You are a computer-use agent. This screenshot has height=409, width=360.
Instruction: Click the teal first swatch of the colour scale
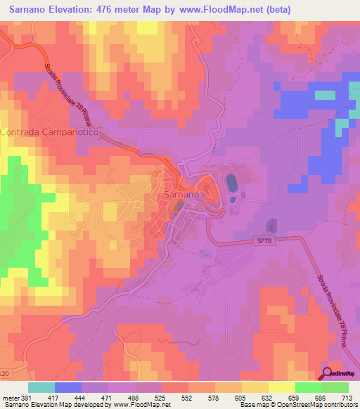[x=41, y=387]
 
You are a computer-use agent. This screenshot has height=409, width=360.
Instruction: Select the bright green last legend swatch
[x=335, y=387]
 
